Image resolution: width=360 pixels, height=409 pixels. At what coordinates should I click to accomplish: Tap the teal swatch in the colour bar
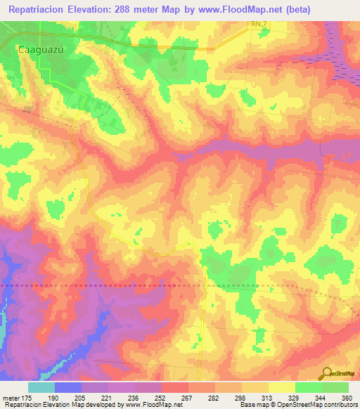coord(41,387)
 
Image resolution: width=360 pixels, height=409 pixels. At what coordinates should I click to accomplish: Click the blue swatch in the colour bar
coord(68,387)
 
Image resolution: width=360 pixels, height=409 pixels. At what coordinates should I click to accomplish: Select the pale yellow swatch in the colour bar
coord(281,387)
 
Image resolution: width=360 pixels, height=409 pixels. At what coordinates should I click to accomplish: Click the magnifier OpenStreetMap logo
coord(326,373)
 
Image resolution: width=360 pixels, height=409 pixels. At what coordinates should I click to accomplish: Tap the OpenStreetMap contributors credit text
coord(317,404)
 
